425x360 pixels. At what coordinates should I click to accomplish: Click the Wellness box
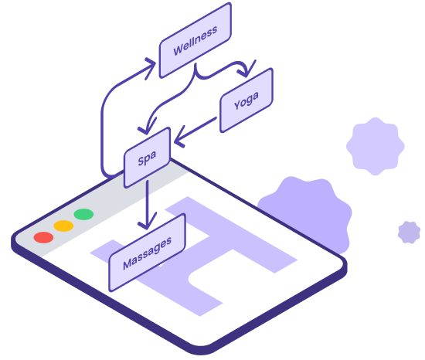[x=195, y=40]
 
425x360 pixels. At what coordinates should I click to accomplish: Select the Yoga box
[x=246, y=100]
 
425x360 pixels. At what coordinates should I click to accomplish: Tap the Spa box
[x=147, y=158]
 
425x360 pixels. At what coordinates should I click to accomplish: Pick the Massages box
[x=147, y=253]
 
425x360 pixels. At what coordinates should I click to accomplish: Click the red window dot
[x=43, y=237]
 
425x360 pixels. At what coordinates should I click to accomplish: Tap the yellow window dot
[x=63, y=226]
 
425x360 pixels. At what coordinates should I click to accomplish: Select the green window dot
[x=83, y=214]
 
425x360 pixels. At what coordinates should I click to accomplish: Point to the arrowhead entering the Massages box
[x=147, y=222]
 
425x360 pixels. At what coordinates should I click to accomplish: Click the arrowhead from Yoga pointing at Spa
[x=179, y=138]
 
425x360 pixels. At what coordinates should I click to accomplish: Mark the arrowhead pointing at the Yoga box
[x=246, y=70]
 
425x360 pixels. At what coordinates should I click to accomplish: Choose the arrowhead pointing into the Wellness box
[x=151, y=68]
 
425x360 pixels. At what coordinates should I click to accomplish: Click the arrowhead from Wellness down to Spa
[x=147, y=127]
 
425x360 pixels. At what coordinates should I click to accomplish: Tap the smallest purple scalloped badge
[x=410, y=232]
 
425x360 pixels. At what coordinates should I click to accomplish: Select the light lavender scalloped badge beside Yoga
[x=376, y=146]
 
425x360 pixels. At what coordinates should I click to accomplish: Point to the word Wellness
[x=195, y=41]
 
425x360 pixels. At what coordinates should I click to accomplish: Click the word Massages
[x=147, y=253]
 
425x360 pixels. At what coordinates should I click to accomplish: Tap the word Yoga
[x=246, y=100]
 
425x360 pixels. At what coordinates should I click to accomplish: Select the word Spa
[x=147, y=158]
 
